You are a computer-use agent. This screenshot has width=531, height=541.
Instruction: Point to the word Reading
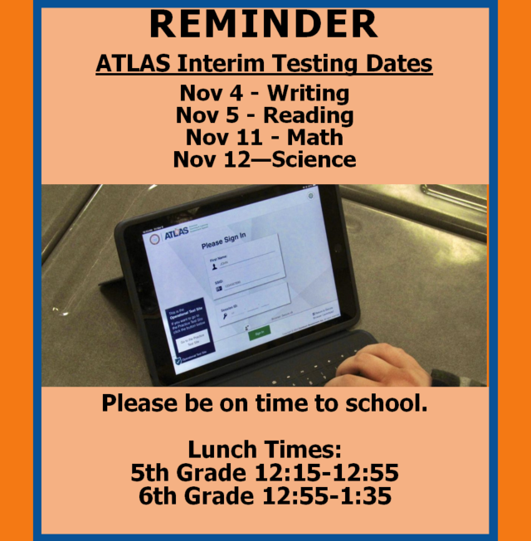[311, 115]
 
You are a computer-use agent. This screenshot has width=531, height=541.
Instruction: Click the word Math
[315, 137]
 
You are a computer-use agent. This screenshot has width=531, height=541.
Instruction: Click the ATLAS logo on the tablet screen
[176, 236]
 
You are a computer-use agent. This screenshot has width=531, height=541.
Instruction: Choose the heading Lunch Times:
[265, 451]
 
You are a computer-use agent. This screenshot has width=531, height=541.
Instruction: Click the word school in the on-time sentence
[379, 404]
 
